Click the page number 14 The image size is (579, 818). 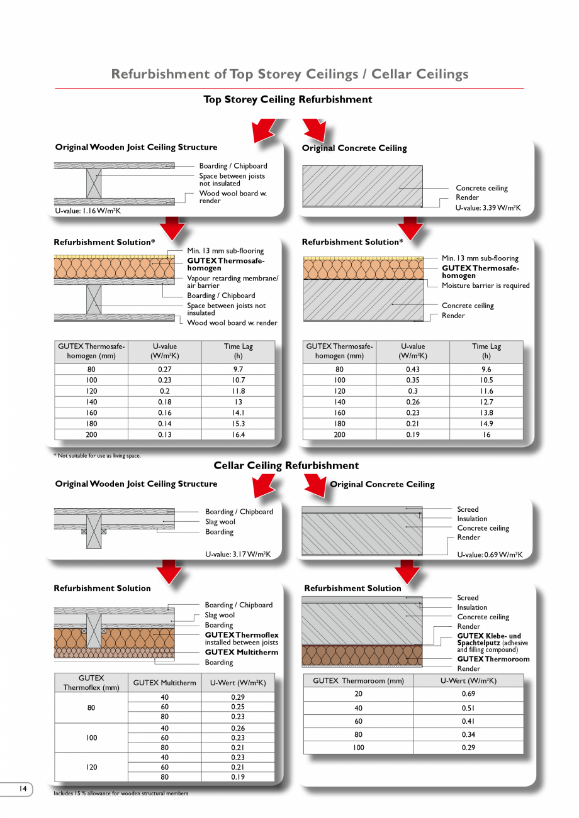(23, 788)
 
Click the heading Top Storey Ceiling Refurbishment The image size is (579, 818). (288, 99)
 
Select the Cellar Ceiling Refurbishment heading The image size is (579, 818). (286, 465)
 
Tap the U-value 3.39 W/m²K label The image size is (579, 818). (488, 207)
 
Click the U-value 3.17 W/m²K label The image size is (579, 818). (238, 555)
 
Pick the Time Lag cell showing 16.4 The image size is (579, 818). (238, 434)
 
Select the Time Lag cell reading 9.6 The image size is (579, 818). (486, 370)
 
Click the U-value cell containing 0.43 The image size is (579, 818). (413, 370)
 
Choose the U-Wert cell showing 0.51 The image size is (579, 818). (468, 707)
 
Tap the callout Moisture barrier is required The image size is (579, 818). (485, 285)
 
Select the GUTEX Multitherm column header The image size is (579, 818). (165, 683)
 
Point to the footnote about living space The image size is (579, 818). (98, 456)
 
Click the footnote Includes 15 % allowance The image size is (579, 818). (121, 793)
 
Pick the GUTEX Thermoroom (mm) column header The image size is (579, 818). (358, 680)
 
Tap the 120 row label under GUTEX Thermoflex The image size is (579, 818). (91, 767)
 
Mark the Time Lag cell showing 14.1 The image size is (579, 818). (238, 413)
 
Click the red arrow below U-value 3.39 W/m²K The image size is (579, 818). (410, 228)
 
